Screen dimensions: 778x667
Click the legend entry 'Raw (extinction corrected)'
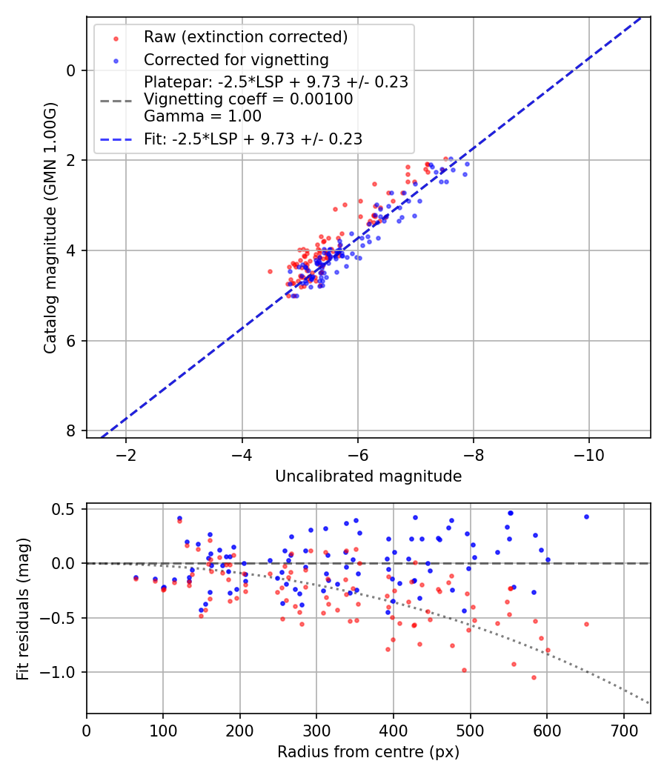click(x=245, y=37)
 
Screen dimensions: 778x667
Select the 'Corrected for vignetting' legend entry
click(x=236, y=59)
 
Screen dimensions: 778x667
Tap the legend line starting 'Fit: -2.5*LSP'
click(x=253, y=139)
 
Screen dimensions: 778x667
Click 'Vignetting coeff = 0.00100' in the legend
click(x=248, y=99)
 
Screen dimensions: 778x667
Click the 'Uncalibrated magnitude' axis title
click(x=368, y=476)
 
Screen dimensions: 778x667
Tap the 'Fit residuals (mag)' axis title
click(x=23, y=608)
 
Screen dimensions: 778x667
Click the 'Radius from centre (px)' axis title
click(x=368, y=752)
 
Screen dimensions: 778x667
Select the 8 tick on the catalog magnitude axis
click(x=71, y=430)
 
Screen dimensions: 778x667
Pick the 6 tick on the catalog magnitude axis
click(x=71, y=341)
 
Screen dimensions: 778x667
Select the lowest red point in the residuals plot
click(x=533, y=677)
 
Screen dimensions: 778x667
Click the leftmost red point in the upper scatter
click(x=270, y=271)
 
